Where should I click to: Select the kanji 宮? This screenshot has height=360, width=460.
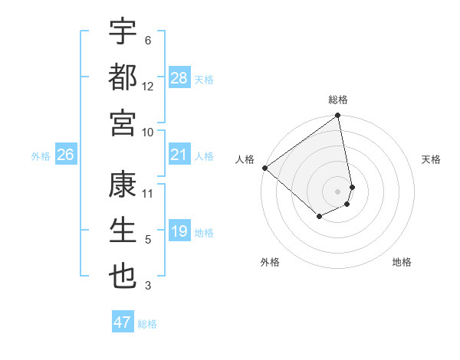(x=123, y=123)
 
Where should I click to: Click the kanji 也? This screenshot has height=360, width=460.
(x=123, y=277)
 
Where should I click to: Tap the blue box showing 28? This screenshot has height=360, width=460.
(x=179, y=78)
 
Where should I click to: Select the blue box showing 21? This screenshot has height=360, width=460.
(x=179, y=155)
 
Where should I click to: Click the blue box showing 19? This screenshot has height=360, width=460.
(x=179, y=232)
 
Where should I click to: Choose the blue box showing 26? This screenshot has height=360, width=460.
(x=65, y=155)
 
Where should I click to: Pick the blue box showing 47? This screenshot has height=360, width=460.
(x=123, y=322)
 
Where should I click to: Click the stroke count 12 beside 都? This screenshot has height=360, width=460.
(x=148, y=87)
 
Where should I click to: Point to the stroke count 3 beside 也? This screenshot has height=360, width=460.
(x=148, y=286)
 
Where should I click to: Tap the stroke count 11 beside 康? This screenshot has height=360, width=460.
(x=148, y=193)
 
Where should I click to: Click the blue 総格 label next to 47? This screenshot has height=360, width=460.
(x=147, y=324)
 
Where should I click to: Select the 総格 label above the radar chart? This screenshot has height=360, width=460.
(x=338, y=100)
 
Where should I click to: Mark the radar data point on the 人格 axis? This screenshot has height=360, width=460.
(x=264, y=168)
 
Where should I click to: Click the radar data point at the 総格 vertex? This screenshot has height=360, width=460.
(x=338, y=116)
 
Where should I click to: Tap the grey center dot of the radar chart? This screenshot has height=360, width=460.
(x=338, y=191)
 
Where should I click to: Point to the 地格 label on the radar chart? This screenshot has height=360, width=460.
(x=402, y=262)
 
